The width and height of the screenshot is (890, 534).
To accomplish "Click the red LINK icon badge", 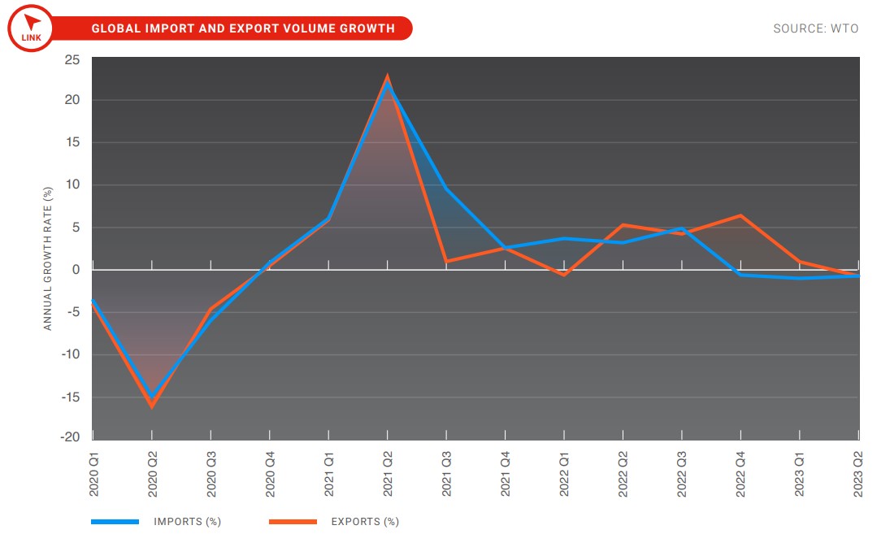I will [x=30, y=28].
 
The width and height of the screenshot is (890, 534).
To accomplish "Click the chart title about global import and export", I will [x=243, y=28].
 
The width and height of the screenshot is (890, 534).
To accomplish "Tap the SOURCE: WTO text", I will [x=815, y=28].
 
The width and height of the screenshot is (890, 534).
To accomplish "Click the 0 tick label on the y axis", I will [x=76, y=269].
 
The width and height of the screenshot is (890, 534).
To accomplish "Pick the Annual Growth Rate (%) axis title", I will [x=47, y=258].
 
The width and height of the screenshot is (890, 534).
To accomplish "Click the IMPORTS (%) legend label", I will [x=187, y=522].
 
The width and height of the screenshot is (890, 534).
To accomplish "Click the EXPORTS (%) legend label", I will [x=365, y=522].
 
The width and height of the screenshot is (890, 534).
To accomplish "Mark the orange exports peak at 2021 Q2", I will [x=388, y=76].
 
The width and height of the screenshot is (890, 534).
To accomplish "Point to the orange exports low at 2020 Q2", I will [x=151, y=406].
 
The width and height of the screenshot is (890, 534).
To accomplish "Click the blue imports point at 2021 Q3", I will [x=446, y=189].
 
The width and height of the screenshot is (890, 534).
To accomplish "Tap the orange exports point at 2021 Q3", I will [x=446, y=261].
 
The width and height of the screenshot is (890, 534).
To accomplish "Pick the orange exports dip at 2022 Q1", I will [x=564, y=275].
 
